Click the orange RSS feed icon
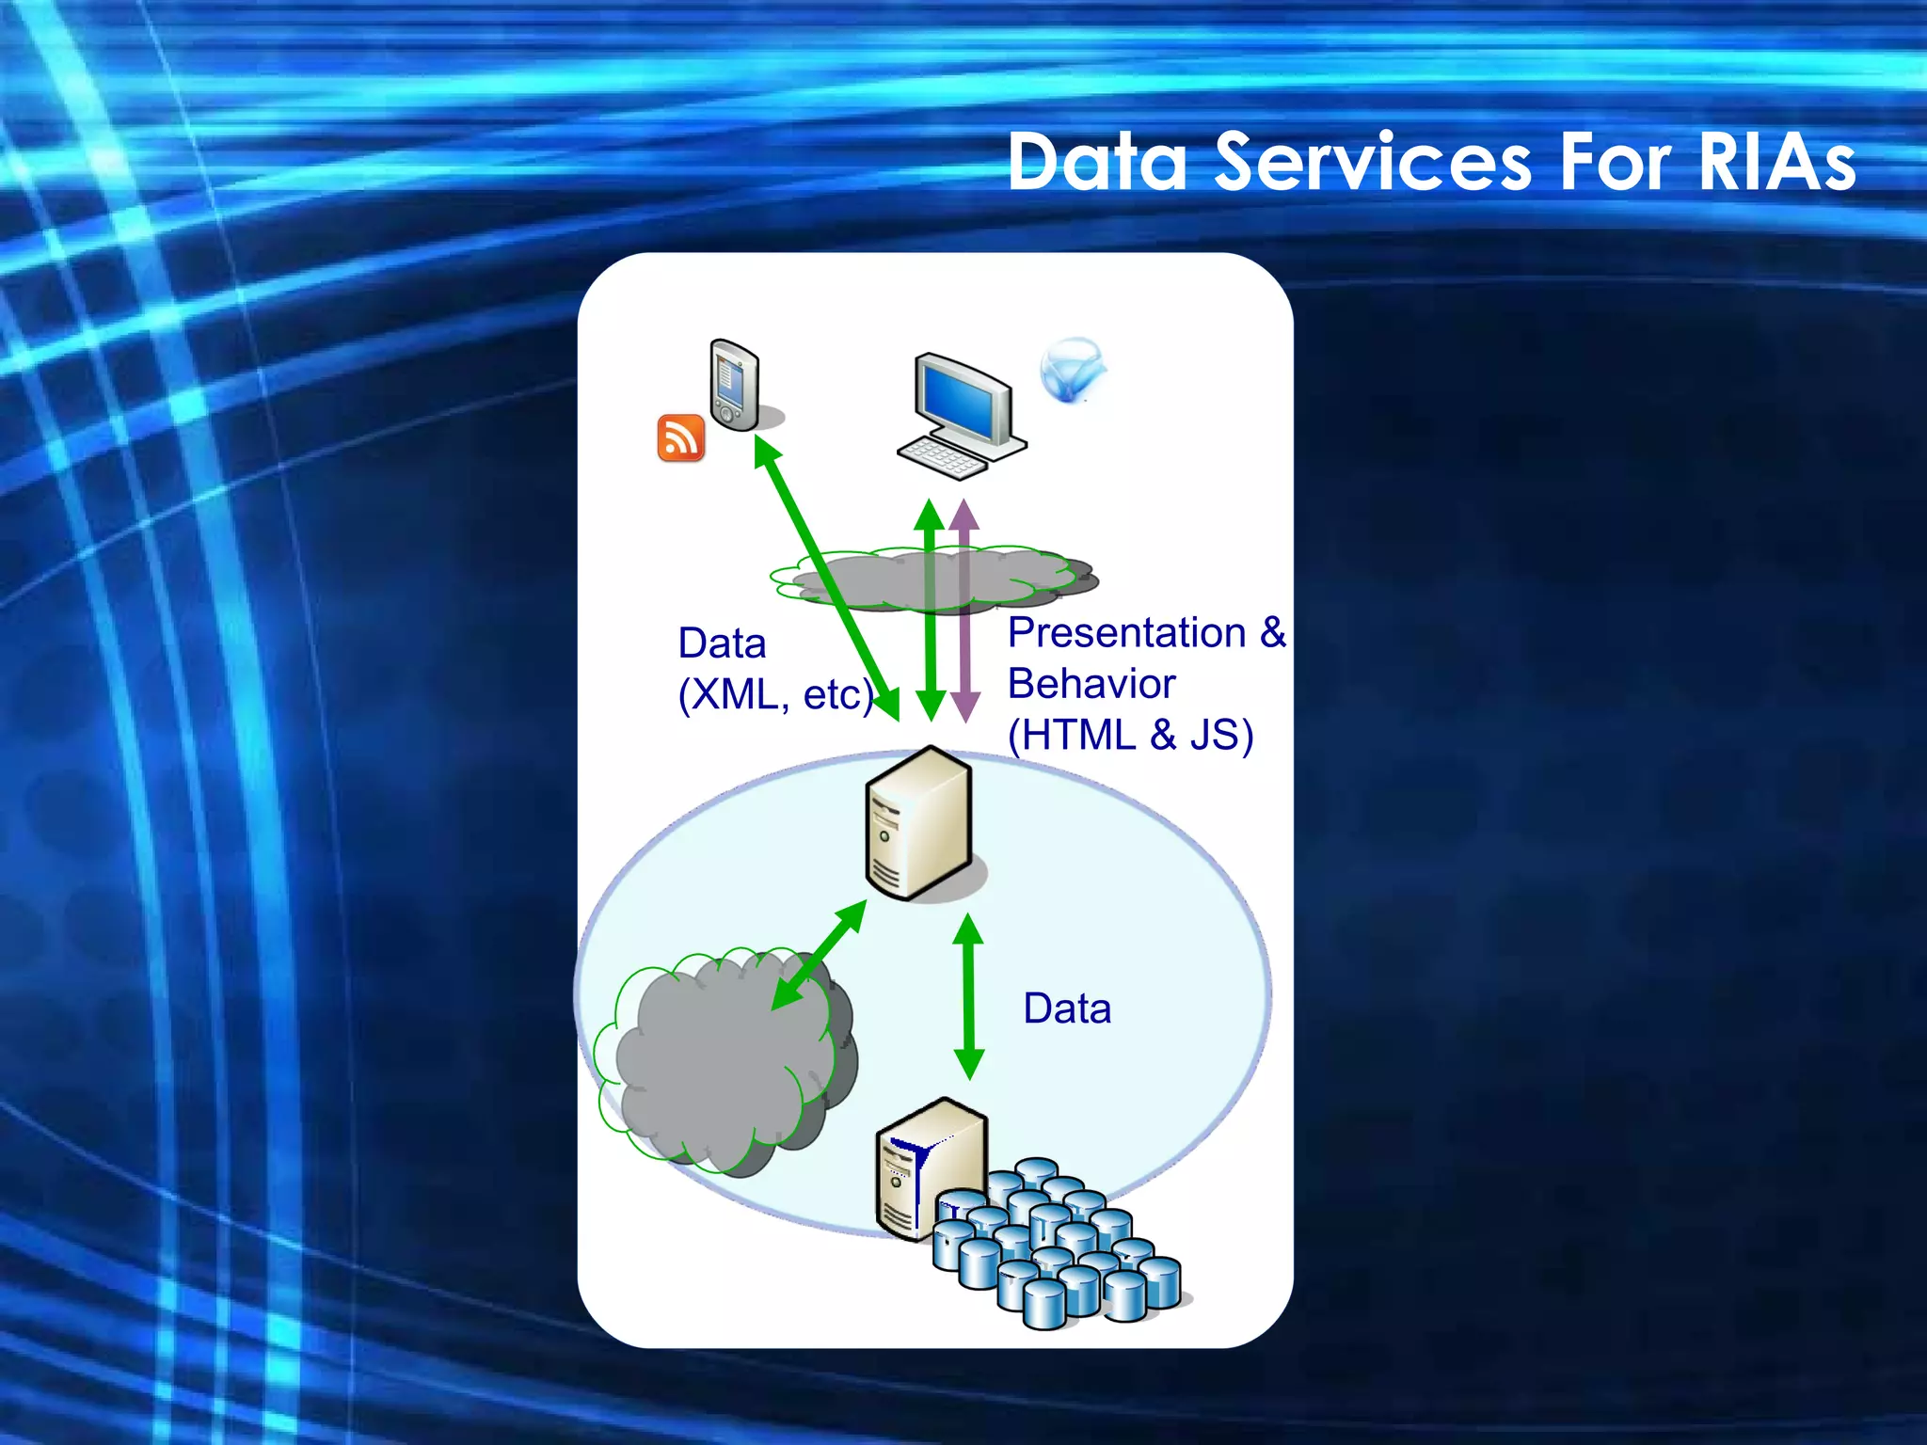point(680,438)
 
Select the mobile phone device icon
point(733,385)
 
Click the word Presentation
point(1126,633)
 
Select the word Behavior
point(1091,684)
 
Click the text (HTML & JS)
point(1130,735)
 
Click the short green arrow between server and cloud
point(819,955)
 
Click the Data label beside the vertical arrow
point(1067,1008)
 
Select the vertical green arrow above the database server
point(968,997)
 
